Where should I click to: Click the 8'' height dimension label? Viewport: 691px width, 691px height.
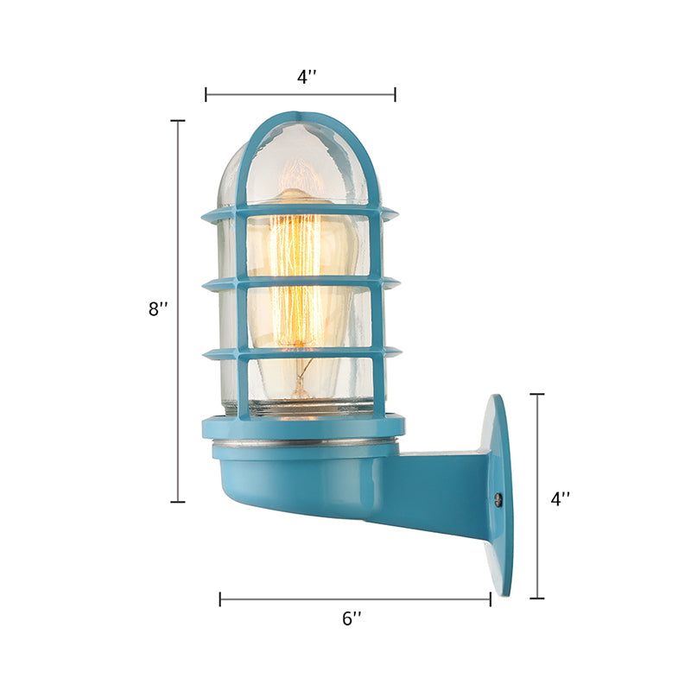click(157, 309)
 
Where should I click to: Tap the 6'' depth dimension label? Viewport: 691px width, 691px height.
click(352, 618)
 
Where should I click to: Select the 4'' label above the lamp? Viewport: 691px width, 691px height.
click(307, 76)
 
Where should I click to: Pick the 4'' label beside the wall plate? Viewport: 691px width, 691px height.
click(561, 498)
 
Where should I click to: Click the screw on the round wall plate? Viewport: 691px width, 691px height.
click(498, 498)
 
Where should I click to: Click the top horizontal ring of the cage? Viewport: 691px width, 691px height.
click(300, 211)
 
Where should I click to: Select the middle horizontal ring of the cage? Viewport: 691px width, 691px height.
click(300, 282)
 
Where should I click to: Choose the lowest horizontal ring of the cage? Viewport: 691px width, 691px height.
click(300, 352)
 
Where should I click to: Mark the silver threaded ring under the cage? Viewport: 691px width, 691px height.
click(302, 442)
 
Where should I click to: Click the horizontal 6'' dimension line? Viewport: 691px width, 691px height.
click(355, 599)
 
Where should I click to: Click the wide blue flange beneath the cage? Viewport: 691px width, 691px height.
click(302, 426)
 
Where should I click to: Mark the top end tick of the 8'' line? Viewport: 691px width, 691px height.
click(178, 121)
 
